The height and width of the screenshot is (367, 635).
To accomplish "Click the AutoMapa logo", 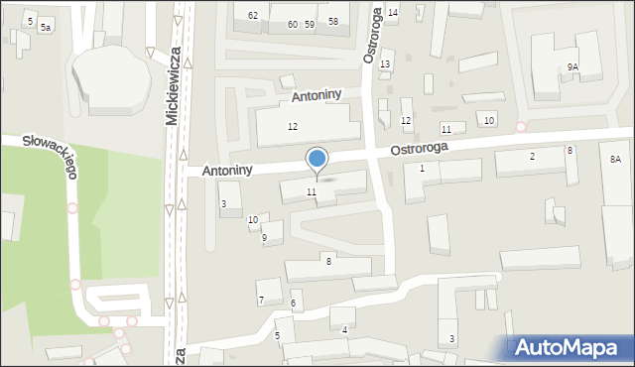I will (x=569, y=347).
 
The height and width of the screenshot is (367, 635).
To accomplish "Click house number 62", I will (x=253, y=15).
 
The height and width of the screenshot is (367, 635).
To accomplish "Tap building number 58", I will (x=332, y=22).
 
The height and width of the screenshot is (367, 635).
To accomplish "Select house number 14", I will (x=393, y=12).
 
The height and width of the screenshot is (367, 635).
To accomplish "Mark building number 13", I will (x=385, y=63).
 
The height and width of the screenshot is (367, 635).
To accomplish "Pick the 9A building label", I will (x=572, y=66).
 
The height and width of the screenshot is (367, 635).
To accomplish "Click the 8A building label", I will (x=615, y=159).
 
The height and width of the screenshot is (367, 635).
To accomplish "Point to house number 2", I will (x=532, y=157).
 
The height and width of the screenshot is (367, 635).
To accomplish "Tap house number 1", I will (x=422, y=169).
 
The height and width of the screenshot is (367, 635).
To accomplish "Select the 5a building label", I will (x=46, y=28).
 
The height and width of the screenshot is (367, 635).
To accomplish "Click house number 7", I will (x=261, y=300).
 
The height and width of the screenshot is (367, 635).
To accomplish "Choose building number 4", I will (x=344, y=329).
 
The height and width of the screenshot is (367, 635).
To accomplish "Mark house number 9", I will (x=264, y=238).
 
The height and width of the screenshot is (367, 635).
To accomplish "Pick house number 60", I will (x=292, y=23).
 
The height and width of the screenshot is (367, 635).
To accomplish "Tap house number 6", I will (x=293, y=303).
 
